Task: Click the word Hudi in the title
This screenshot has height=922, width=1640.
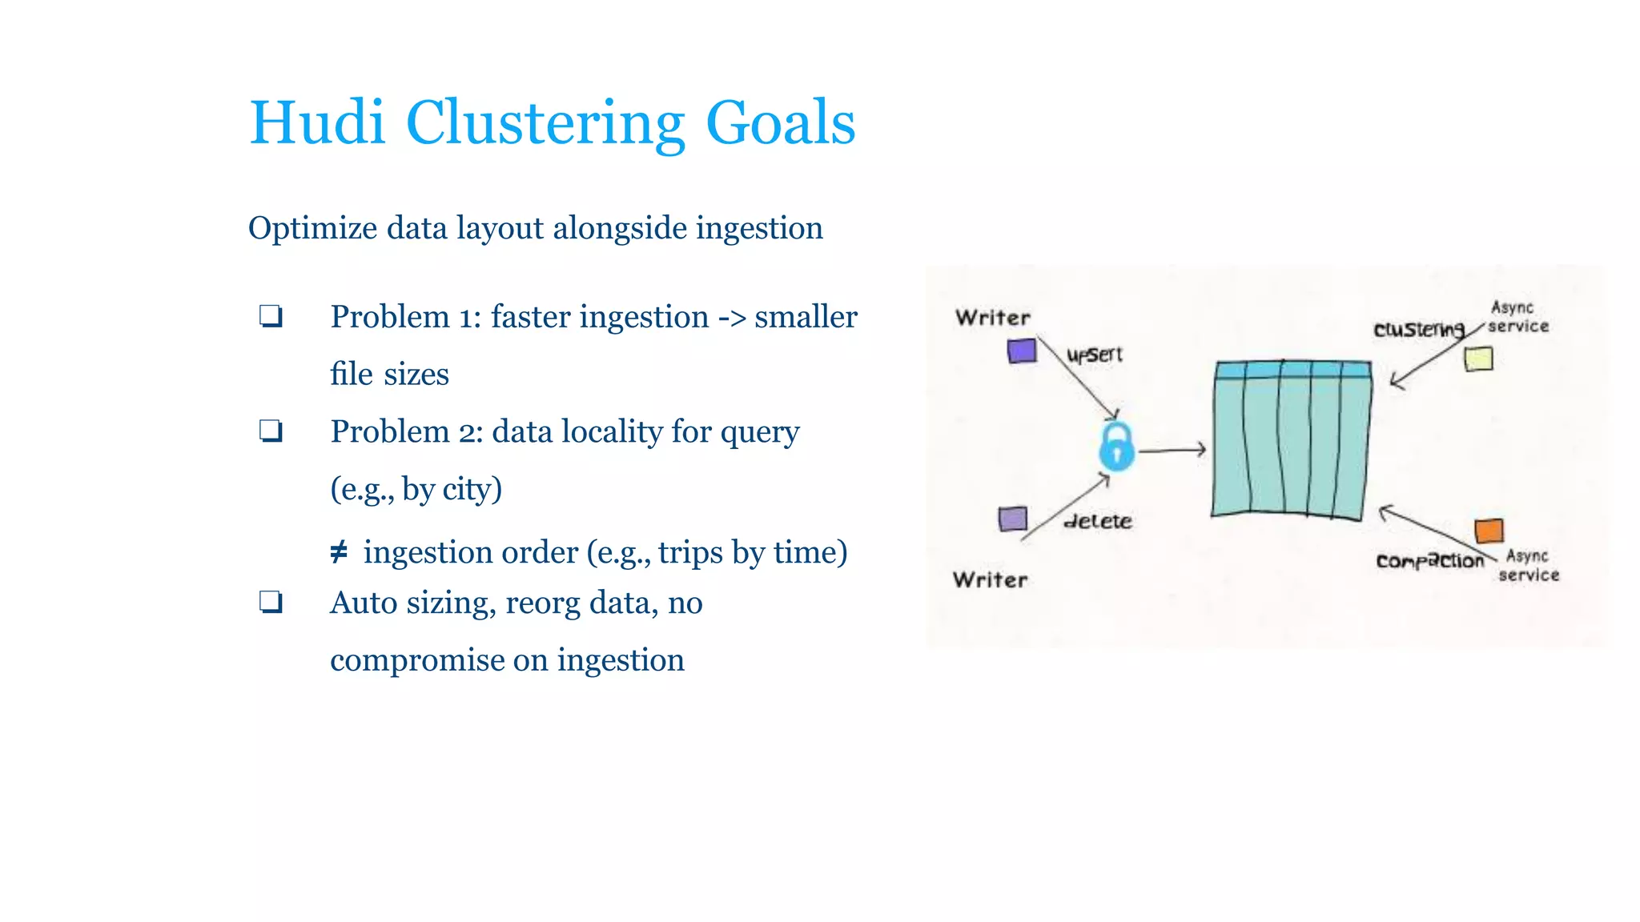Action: point(317,123)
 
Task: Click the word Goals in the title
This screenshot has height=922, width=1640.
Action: point(780,123)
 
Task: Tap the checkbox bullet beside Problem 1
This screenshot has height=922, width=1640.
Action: point(271,316)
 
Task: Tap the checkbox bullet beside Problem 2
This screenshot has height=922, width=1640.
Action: point(271,431)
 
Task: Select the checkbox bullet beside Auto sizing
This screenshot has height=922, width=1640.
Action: point(271,602)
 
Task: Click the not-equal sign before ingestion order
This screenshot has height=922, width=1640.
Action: point(339,552)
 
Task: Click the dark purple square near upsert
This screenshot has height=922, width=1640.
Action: point(1022,351)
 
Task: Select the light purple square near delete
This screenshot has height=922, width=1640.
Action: point(1013,519)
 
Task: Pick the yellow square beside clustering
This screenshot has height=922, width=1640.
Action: point(1478,359)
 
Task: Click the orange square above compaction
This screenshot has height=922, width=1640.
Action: point(1489,531)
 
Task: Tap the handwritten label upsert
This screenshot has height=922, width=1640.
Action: point(1095,355)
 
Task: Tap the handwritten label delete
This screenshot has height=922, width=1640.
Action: point(1098,522)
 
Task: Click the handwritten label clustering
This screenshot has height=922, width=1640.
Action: point(1419,329)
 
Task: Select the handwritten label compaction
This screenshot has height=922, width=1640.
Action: point(1429,561)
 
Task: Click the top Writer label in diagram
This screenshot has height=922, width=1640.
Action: point(993,318)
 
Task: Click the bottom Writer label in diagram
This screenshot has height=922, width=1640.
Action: point(991,579)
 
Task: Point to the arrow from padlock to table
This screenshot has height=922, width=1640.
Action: point(1172,451)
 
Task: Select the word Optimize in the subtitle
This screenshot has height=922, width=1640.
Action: point(312,229)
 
